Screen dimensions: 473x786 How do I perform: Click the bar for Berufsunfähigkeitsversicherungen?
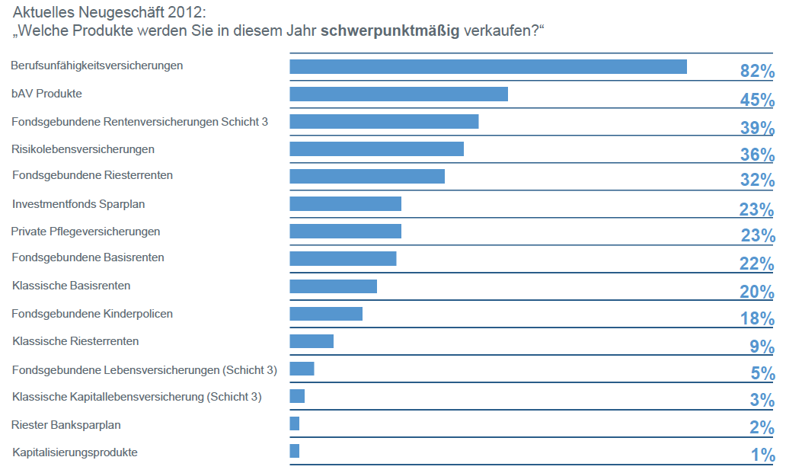[487, 66]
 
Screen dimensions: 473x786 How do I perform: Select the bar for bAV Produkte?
[398, 94]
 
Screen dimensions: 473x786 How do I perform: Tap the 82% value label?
[757, 72]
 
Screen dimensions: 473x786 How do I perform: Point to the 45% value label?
[757, 100]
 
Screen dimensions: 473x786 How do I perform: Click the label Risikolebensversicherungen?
[83, 149]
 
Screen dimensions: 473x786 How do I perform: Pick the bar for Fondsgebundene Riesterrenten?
[366, 176]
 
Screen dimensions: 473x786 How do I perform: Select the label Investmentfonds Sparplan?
[78, 203]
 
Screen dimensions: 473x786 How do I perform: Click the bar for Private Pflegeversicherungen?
[345, 231]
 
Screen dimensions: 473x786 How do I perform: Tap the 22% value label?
[757, 264]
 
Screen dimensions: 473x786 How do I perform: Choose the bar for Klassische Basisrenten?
[333, 286]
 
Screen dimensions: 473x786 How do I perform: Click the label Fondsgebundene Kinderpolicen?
[92, 313]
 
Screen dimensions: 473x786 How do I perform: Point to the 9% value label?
[762, 347]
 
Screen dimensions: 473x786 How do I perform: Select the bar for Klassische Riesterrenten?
[311, 340]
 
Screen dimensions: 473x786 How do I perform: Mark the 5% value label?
[762, 374]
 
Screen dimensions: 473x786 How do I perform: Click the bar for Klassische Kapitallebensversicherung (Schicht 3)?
[297, 396]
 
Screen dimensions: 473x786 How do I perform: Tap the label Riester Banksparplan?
[66, 424]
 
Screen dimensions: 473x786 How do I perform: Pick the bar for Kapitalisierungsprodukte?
[294, 451]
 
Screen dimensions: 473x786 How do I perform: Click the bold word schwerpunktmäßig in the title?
[390, 31]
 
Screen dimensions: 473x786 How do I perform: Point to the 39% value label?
[757, 127]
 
